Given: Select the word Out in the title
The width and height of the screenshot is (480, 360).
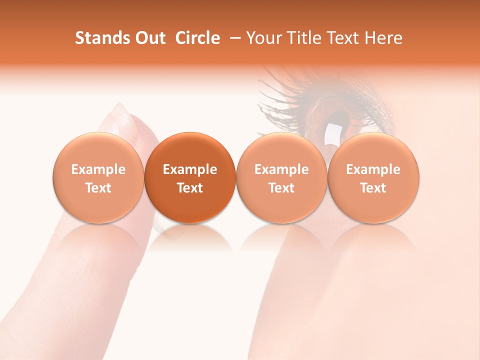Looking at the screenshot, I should (149, 38).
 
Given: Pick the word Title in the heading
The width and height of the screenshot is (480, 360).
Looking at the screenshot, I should (302, 38).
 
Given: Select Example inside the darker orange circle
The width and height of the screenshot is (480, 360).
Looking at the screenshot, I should (190, 169).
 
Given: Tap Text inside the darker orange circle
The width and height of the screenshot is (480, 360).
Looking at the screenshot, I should (190, 188).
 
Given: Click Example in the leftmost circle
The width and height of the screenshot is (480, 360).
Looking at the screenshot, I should (98, 169).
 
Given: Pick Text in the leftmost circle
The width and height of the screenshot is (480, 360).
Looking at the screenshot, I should (98, 188).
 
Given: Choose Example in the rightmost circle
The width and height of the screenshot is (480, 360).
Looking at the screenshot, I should (373, 169).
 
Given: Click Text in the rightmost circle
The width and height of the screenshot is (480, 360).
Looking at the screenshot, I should (373, 188).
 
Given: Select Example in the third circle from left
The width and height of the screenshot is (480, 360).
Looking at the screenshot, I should (281, 169).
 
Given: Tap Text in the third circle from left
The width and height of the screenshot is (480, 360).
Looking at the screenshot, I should (281, 188).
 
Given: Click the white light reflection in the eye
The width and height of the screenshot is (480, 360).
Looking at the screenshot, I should (332, 132).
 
